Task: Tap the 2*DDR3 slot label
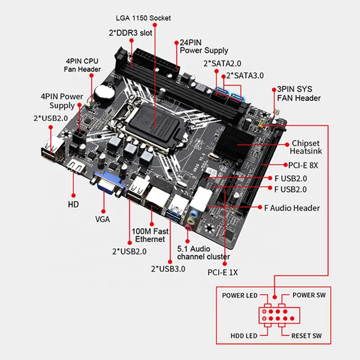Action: (x=130, y=33)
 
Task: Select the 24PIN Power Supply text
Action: (x=204, y=46)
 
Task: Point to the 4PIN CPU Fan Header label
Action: (x=82, y=65)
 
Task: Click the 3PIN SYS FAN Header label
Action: (x=299, y=94)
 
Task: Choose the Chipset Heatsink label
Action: (x=306, y=148)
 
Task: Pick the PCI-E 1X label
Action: (x=222, y=272)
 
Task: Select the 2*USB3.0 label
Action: (x=168, y=269)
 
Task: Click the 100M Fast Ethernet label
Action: (x=150, y=235)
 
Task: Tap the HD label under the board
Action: (x=73, y=204)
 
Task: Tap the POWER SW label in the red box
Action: (x=309, y=295)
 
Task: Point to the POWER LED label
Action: (x=240, y=295)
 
